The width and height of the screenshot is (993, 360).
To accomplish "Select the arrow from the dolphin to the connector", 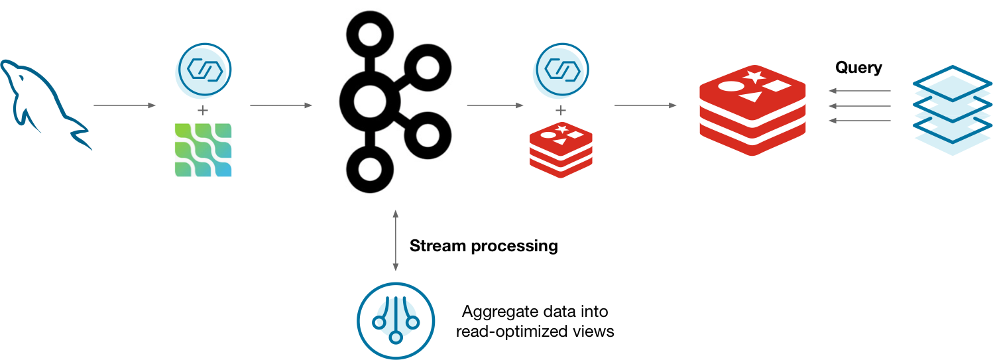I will point(124,105).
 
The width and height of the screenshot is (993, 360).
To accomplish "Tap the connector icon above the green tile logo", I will point(204,70).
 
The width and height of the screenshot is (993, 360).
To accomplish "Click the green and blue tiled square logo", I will point(204,150).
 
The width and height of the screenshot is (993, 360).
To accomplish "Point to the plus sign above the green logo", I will point(204,109).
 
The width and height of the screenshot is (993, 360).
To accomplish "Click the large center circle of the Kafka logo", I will point(369,103).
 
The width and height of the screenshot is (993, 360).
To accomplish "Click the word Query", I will point(858,68).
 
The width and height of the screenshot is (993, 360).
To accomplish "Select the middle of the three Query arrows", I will point(860,105).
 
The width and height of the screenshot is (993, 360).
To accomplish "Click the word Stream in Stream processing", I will point(438,246).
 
